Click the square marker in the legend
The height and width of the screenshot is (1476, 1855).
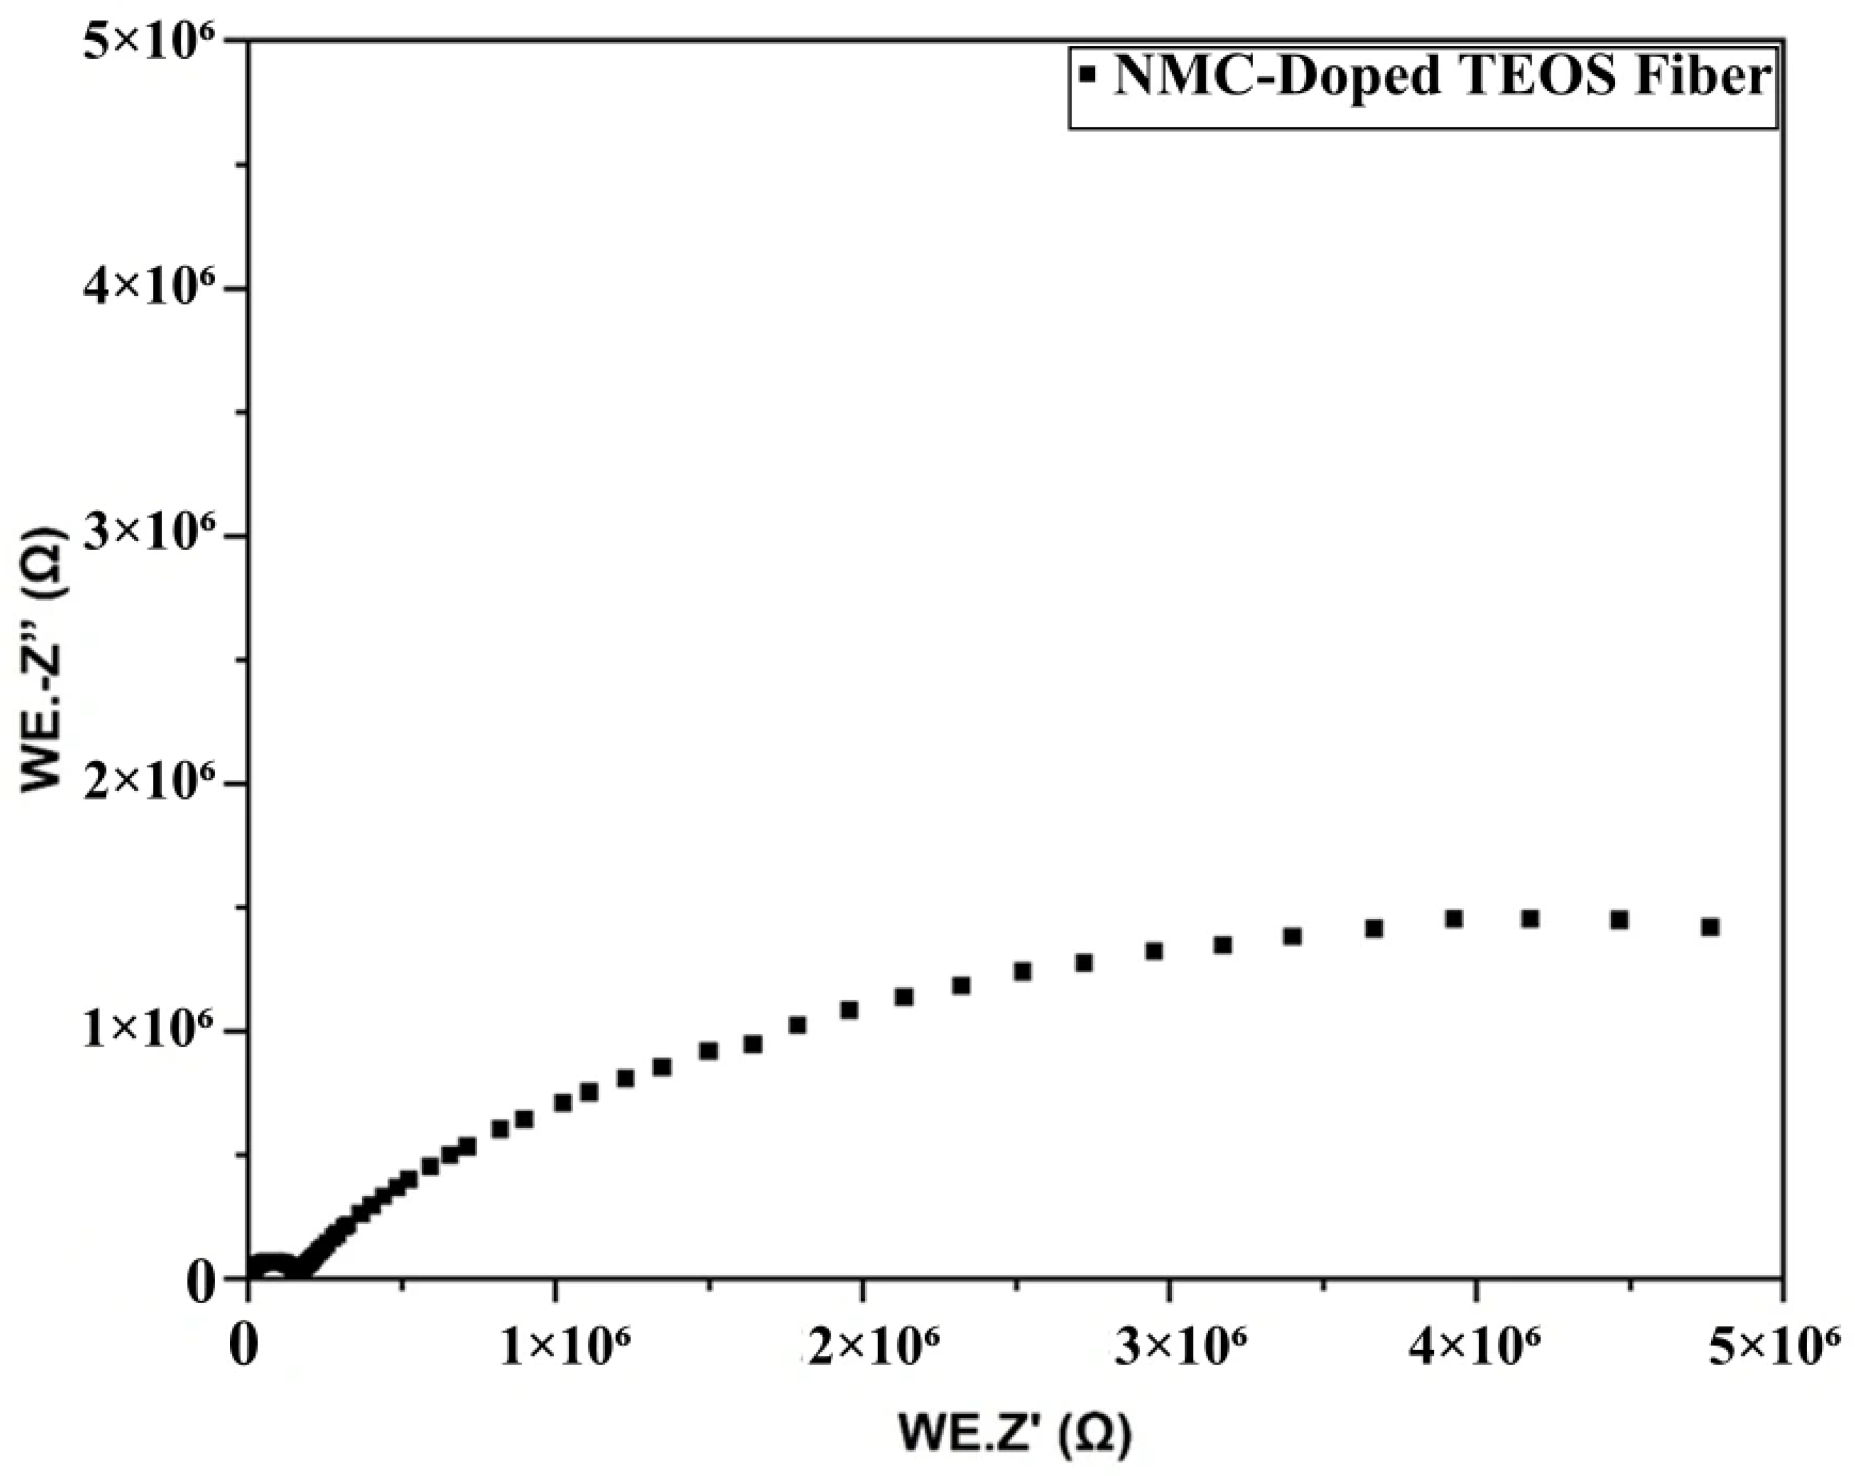(1088, 76)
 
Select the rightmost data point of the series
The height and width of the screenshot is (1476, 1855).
(1710, 927)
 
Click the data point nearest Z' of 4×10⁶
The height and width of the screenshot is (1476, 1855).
(1454, 919)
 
